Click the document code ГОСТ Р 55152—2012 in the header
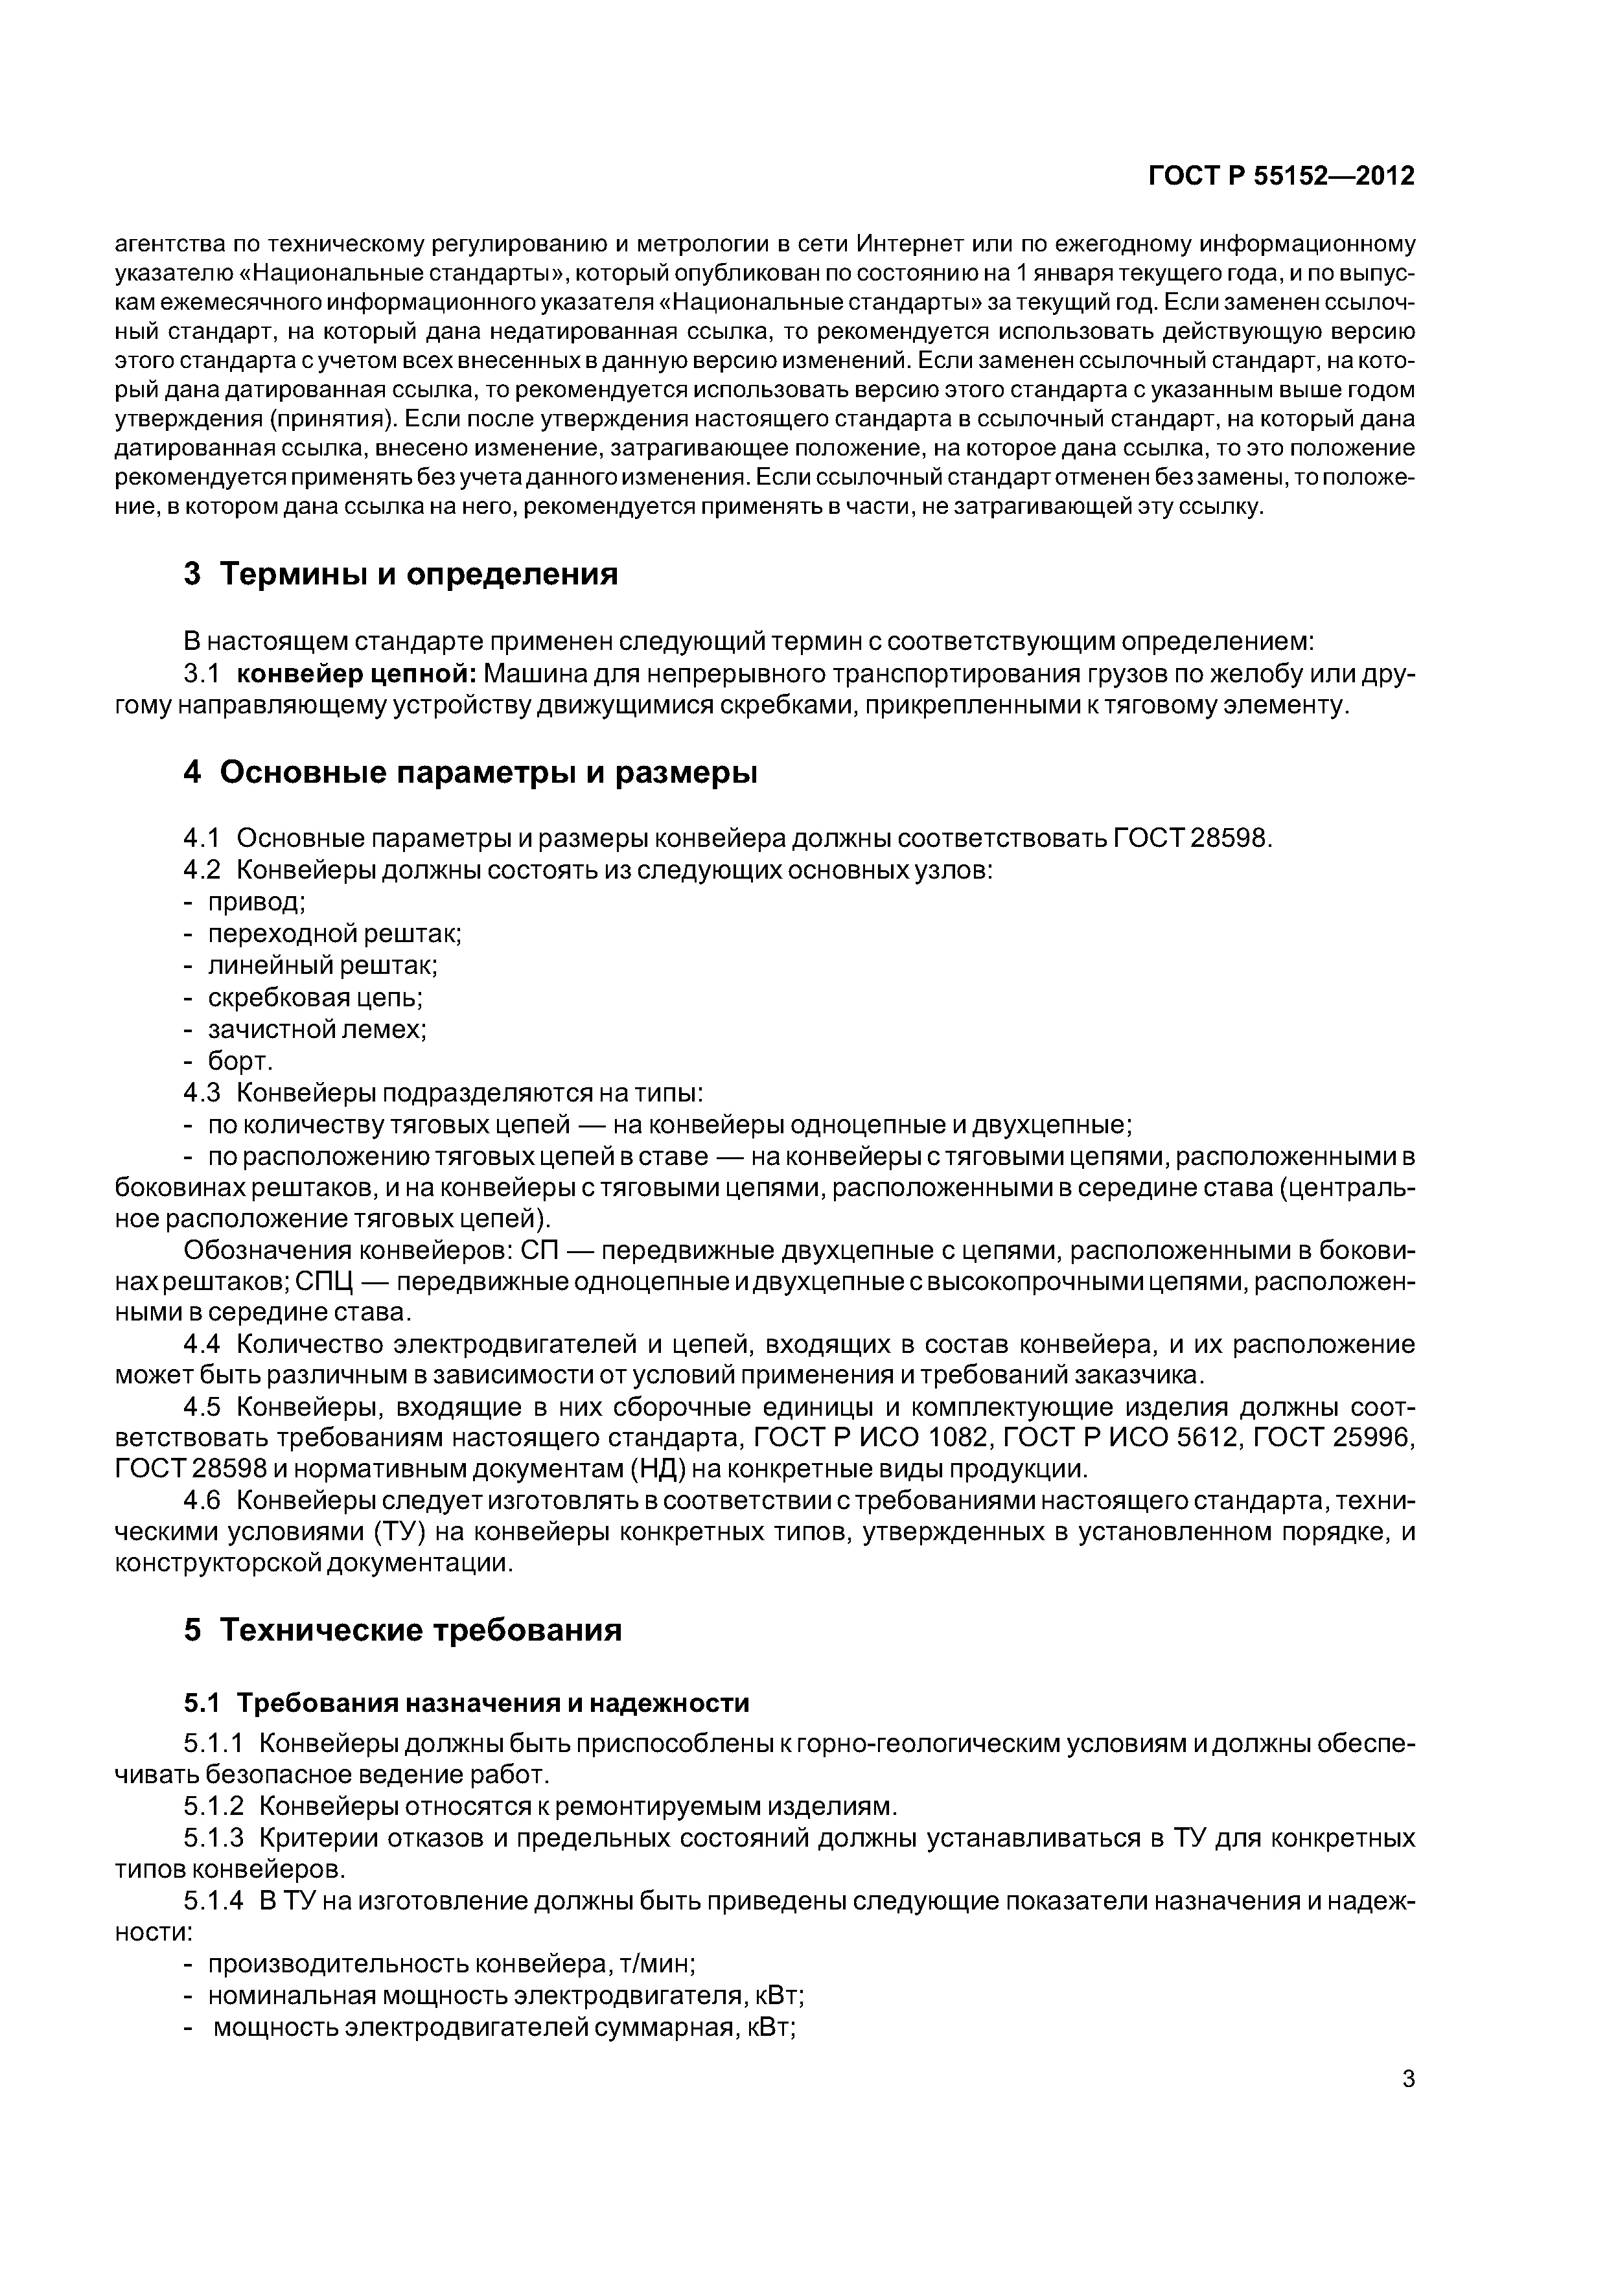click(1280, 176)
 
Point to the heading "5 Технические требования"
click(403, 1630)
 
